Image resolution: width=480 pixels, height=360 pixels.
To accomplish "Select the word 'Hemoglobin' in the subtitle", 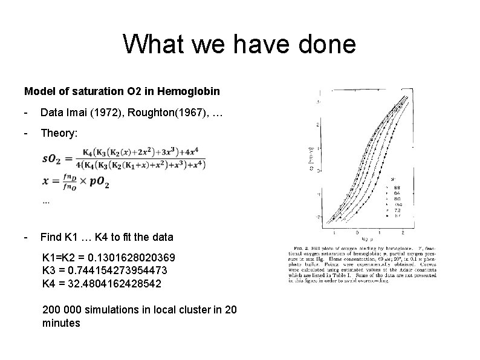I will tap(190, 92).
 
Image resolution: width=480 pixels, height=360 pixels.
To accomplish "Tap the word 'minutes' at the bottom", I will tap(61, 323).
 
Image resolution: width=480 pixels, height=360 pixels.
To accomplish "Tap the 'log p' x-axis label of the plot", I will tap(374, 237).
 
